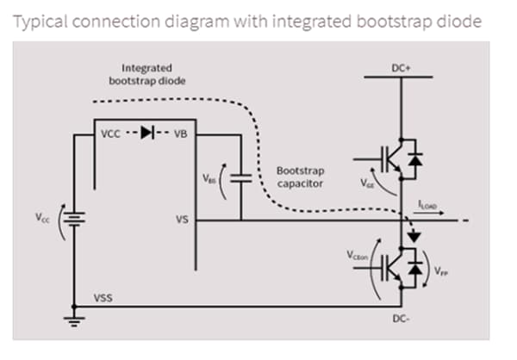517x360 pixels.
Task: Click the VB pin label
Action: [180, 133]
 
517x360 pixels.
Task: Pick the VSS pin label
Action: [103, 298]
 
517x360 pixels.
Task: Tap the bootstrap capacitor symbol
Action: [241, 178]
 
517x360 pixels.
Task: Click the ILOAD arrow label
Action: [428, 204]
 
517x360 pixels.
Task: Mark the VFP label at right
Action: [440, 270]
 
